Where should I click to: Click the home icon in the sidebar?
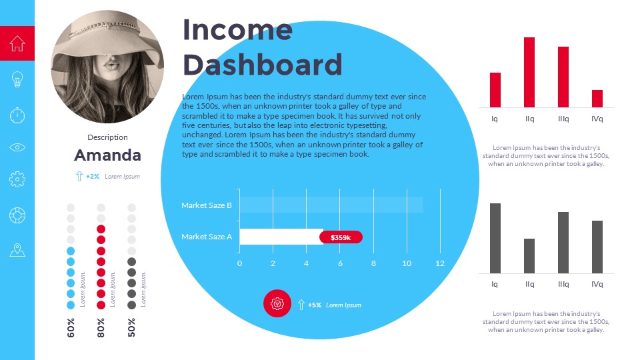(x=17, y=43)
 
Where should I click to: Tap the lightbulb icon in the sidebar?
(x=17, y=80)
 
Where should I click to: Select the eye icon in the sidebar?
(x=17, y=147)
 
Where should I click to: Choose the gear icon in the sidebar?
(x=17, y=179)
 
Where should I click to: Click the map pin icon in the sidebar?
(x=17, y=250)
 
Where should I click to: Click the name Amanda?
(x=107, y=155)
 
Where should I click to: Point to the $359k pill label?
(x=341, y=237)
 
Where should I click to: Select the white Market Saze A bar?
(x=281, y=237)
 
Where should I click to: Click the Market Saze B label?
(x=207, y=205)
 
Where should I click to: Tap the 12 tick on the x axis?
(x=440, y=263)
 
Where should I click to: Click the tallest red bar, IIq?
(x=529, y=72)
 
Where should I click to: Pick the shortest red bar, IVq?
(x=597, y=99)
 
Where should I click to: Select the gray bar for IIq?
(x=529, y=256)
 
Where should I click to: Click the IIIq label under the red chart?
(x=563, y=119)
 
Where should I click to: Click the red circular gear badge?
(x=277, y=303)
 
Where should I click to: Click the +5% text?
(x=314, y=305)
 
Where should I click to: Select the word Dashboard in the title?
(x=262, y=65)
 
